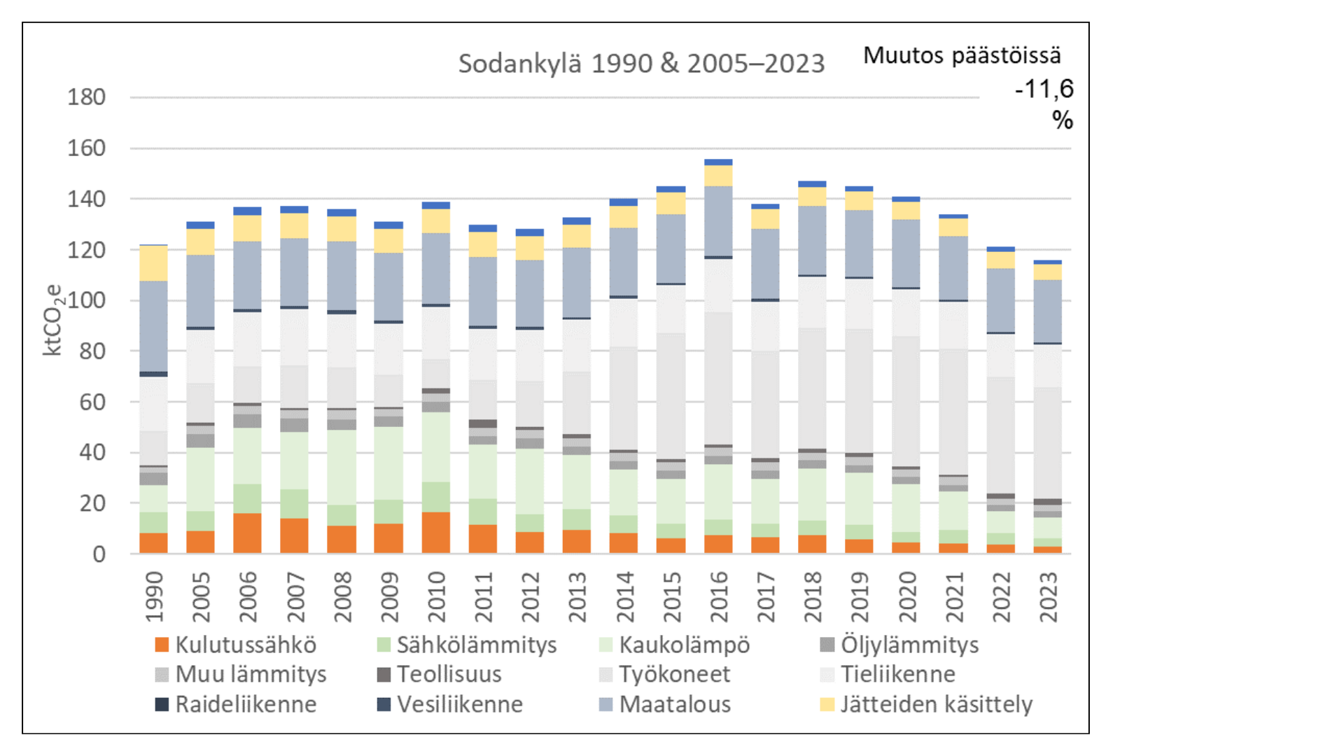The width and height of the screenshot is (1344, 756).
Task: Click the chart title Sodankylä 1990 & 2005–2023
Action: pos(641,64)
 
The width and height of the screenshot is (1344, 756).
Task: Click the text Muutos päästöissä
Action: pos(961,55)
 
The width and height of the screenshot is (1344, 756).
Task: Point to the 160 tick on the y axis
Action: pos(86,148)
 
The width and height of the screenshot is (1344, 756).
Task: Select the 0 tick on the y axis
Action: pos(99,554)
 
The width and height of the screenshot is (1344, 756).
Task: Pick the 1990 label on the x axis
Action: pos(154,596)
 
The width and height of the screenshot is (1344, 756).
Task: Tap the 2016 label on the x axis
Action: pos(719,596)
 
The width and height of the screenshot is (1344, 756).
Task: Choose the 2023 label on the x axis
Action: pos(1048,596)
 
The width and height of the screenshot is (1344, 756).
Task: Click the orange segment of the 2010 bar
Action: pos(436,533)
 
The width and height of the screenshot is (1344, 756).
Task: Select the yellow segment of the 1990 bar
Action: pos(153,263)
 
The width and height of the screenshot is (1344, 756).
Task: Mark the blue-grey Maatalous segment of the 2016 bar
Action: pos(719,220)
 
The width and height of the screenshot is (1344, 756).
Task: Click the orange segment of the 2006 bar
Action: pos(247,533)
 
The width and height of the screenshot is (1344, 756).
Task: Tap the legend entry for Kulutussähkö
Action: pos(236,645)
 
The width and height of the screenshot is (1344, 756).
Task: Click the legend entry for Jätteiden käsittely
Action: pos(927,704)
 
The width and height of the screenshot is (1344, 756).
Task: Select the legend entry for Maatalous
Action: pos(665,704)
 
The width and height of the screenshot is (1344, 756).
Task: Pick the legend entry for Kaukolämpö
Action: pos(675,645)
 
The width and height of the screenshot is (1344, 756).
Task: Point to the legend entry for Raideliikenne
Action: pos(236,704)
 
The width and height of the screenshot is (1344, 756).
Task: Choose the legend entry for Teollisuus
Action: pos(440,674)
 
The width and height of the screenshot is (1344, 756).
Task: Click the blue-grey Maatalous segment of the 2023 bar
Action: pos(1048,311)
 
